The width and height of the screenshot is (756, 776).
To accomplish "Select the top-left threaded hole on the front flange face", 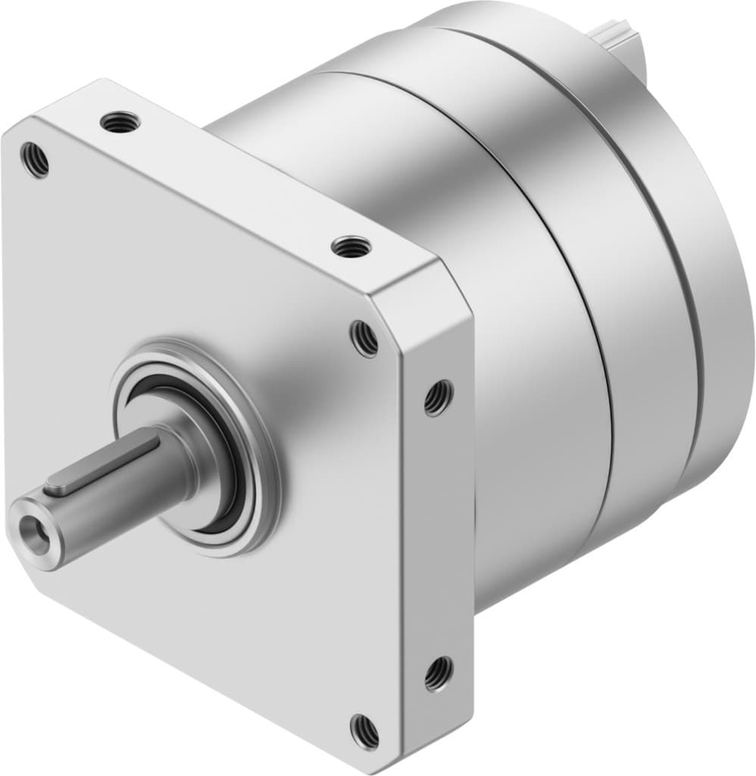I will coord(35,161).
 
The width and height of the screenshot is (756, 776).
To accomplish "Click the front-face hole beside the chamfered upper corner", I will coord(364,338).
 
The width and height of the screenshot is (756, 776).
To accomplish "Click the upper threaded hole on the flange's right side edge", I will coord(438,396).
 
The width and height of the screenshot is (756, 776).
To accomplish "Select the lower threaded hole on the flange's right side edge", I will coord(438,672).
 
